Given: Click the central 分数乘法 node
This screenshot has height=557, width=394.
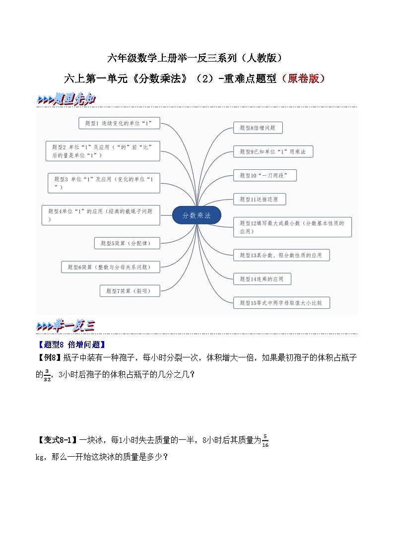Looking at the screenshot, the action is click(x=197, y=215).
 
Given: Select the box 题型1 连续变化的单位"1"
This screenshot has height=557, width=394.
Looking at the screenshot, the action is click(x=119, y=123).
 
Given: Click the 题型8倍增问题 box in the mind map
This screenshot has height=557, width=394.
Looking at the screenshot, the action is click(x=258, y=128).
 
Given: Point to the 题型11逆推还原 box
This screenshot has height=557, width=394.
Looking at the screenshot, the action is click(x=260, y=199).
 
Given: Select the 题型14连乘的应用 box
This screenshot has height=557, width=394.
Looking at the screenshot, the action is click(x=262, y=279).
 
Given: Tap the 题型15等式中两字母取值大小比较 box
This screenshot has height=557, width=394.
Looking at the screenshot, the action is click(x=281, y=302).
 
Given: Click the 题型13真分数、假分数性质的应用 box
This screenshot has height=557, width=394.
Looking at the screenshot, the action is click(x=281, y=255).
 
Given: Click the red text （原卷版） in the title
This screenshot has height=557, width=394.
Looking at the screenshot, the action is click(x=303, y=78).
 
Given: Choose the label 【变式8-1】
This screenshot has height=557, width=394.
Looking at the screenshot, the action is click(x=57, y=440).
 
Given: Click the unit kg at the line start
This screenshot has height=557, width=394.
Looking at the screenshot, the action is click(x=40, y=457).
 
